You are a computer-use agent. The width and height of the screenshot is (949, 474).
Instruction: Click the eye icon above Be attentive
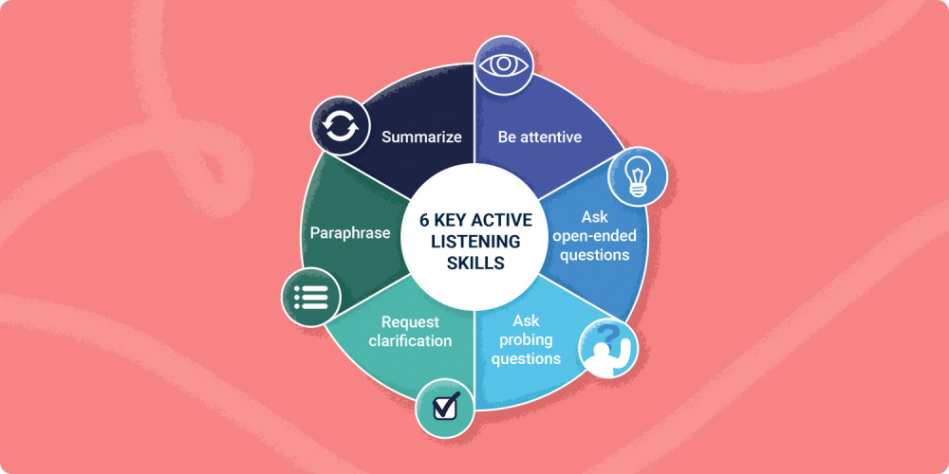click(504, 65)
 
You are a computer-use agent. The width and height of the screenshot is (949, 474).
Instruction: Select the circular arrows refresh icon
click(340, 127)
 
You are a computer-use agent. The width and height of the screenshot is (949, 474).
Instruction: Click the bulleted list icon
click(310, 297)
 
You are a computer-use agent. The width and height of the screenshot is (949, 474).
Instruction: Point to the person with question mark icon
click(608, 348)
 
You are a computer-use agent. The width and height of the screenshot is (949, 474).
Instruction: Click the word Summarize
click(421, 137)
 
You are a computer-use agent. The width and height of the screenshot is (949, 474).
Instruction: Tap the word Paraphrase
click(350, 233)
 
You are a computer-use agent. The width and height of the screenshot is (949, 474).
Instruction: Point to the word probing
click(526, 339)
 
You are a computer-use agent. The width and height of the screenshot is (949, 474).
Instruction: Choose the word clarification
click(410, 341)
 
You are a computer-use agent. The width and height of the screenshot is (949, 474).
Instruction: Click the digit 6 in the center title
click(424, 220)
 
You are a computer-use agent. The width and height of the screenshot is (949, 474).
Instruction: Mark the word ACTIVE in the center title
click(501, 220)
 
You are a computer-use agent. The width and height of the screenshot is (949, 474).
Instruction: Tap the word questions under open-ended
click(594, 255)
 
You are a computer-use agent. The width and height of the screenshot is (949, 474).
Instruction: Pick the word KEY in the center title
click(450, 220)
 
